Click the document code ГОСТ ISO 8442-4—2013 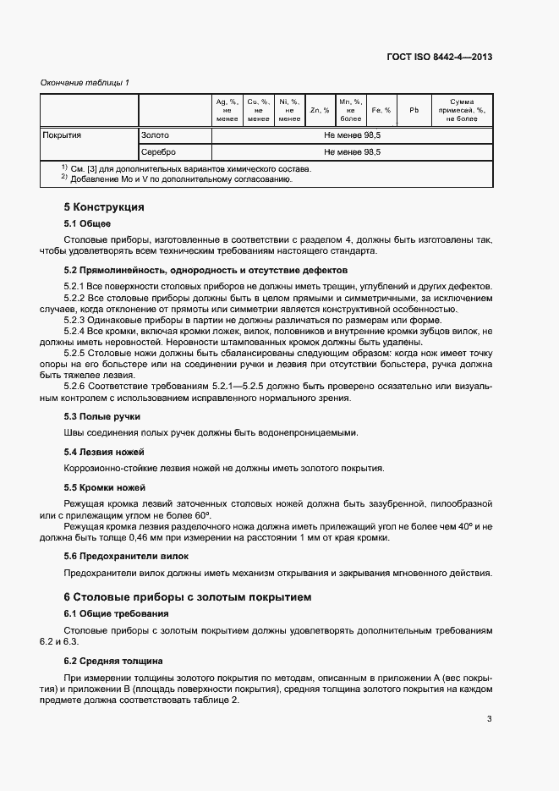pos(439,58)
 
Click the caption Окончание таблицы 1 pos(85,82)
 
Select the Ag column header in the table pos(227,110)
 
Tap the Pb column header pos(414,110)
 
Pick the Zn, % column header pos(320,110)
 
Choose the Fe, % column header pos(381,110)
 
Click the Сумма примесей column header pos(462,110)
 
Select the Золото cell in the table pos(156,135)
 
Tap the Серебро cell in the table pos(159,152)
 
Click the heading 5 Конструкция pos(104,207)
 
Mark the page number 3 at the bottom pos(489,720)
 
